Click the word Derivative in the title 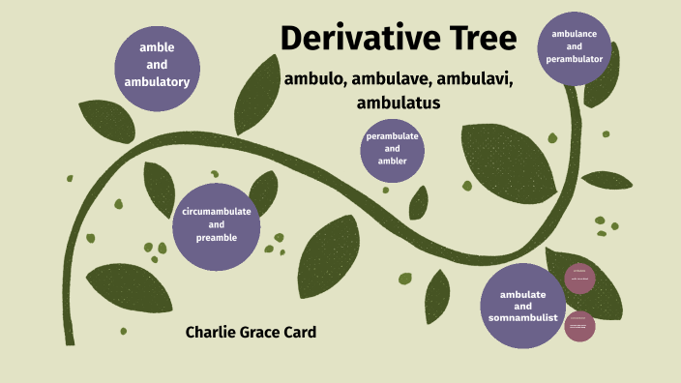tap(360, 39)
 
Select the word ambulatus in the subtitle tap(398, 101)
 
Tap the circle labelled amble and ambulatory tap(157, 63)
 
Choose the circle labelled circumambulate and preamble tap(216, 224)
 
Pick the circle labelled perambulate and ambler tap(392, 149)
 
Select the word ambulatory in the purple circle tap(157, 81)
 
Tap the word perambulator tap(575, 59)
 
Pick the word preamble tap(216, 237)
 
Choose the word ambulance tap(575, 34)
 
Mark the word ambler tap(392, 162)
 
